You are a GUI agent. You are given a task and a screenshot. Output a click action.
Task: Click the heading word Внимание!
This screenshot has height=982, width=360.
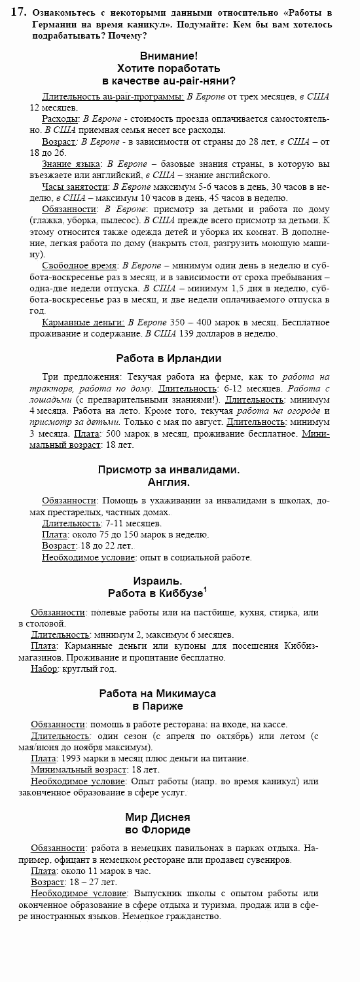(x=169, y=56)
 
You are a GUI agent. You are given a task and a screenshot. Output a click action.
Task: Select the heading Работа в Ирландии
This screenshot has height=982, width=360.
(x=169, y=358)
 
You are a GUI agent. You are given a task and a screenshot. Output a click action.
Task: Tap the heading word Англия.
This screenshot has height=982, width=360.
(x=169, y=482)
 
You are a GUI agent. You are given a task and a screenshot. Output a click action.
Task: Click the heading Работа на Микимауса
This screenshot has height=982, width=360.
(x=158, y=693)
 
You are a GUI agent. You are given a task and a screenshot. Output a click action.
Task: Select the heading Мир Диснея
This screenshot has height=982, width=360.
(x=158, y=817)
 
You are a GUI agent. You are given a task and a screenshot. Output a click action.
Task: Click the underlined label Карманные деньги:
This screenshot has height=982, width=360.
(x=83, y=322)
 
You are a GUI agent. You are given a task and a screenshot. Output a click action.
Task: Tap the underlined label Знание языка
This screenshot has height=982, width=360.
(x=71, y=164)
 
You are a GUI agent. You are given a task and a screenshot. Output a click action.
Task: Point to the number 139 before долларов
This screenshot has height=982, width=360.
(x=187, y=333)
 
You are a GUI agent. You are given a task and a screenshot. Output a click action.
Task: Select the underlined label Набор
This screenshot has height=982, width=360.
(x=44, y=668)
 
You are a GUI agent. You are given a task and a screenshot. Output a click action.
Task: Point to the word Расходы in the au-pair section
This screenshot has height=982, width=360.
(x=60, y=118)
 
